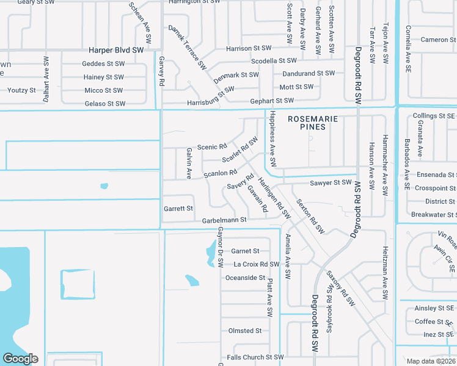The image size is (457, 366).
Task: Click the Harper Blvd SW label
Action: click(116, 50)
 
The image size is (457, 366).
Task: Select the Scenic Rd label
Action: click(212, 146)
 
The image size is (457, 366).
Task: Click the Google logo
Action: click(20, 359)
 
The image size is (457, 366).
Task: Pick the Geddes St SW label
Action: click(103, 63)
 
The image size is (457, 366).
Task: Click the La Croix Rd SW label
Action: click(257, 264)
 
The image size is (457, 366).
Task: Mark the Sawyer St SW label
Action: click(331, 182)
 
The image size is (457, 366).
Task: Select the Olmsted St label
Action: click(244, 331)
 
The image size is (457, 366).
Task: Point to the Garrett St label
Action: click(178, 208)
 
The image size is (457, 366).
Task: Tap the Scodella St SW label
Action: click(274, 61)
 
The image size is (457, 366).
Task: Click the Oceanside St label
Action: click(245, 278)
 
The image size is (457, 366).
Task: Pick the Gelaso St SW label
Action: click(105, 104)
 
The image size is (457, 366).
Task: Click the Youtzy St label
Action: click(21, 90)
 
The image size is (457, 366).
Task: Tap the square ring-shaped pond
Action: click(78, 284)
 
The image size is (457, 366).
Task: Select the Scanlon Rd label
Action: click(220, 173)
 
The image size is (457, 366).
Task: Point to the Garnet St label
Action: click(246, 251)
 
